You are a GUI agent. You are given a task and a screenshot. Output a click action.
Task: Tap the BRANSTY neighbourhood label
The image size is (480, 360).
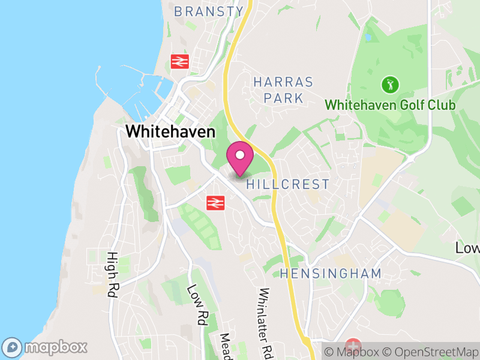pyautogui.click(x=209, y=11)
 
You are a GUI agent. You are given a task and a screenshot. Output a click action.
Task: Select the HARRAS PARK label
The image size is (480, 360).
pyautogui.click(x=283, y=90)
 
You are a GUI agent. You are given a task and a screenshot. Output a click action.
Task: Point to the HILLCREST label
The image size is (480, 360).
pyautogui.click(x=288, y=184)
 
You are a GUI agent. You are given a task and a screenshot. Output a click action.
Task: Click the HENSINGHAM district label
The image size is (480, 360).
pyautogui.click(x=331, y=274)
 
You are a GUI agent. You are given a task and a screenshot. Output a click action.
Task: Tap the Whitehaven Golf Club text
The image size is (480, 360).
pyautogui.click(x=390, y=106)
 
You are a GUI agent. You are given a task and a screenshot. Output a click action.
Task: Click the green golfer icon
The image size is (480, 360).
pyautogui.click(x=390, y=84)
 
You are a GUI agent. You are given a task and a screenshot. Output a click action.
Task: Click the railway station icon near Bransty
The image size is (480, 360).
pyautogui.click(x=179, y=61)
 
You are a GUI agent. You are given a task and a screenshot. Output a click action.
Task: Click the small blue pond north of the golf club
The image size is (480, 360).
pyautogui.click(x=367, y=37)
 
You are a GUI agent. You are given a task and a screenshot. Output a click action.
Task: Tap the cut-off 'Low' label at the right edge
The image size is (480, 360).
pyautogui.click(x=467, y=248)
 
